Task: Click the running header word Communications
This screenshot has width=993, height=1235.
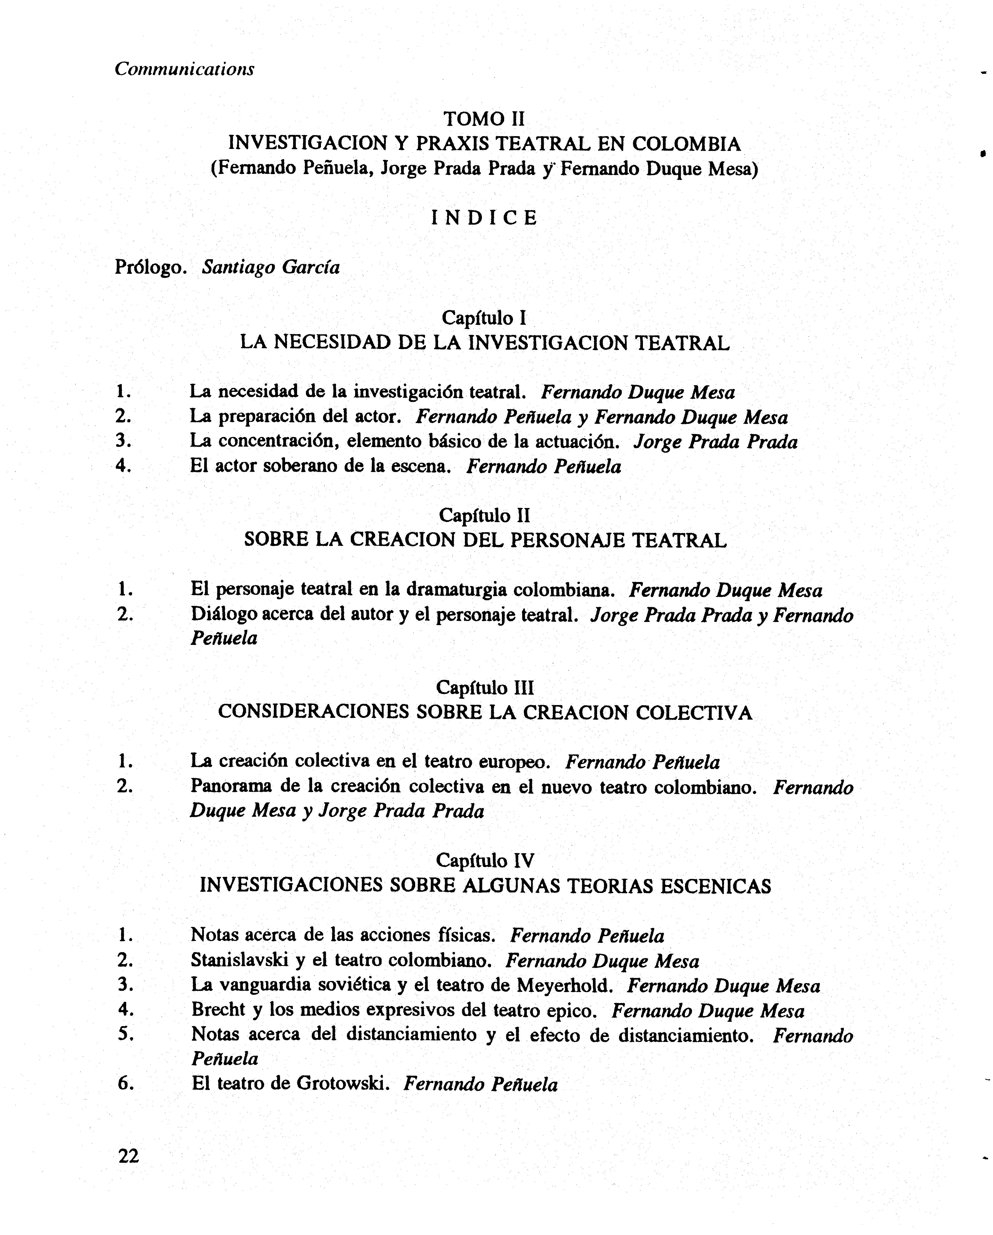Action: [184, 69]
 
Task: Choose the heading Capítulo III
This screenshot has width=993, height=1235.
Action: [484, 687]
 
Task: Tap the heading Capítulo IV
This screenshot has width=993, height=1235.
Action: [484, 860]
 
